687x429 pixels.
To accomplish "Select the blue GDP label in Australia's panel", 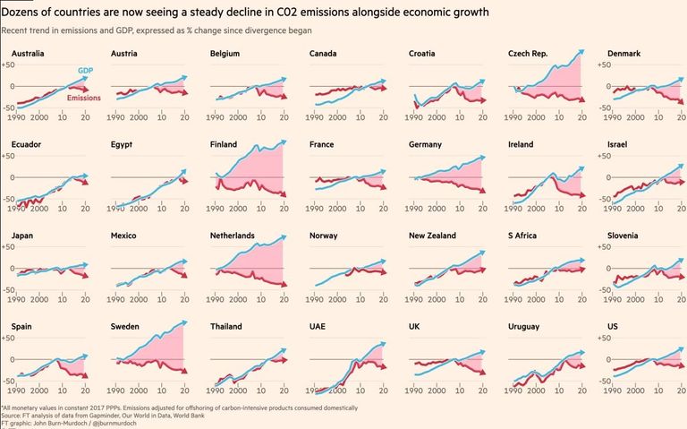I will tap(86, 70).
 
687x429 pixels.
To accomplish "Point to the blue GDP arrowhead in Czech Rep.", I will tap(582, 52).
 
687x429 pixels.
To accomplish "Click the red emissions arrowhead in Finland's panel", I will tap(284, 195).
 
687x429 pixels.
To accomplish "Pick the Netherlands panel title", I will tap(233, 236).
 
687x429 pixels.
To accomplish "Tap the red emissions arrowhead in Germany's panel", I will tap(483, 191).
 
